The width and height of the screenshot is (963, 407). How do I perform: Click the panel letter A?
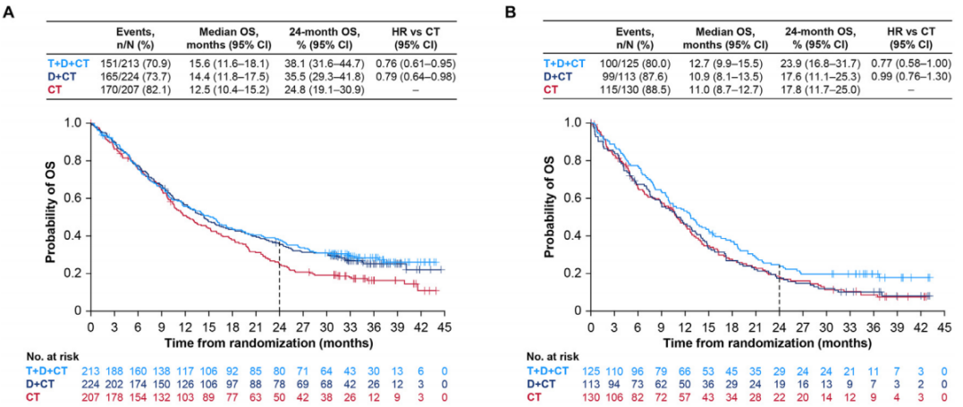[x=9, y=13]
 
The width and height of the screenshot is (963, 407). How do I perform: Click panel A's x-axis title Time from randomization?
[x=267, y=341]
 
